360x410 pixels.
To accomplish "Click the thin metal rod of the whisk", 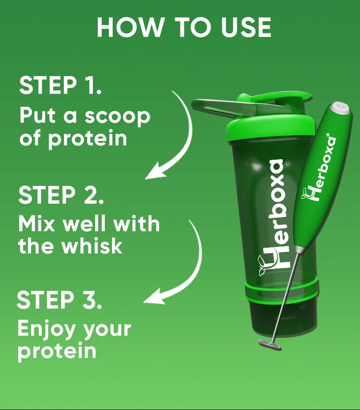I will click(x=284, y=298).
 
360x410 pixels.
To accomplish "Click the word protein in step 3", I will click(x=56, y=350).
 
